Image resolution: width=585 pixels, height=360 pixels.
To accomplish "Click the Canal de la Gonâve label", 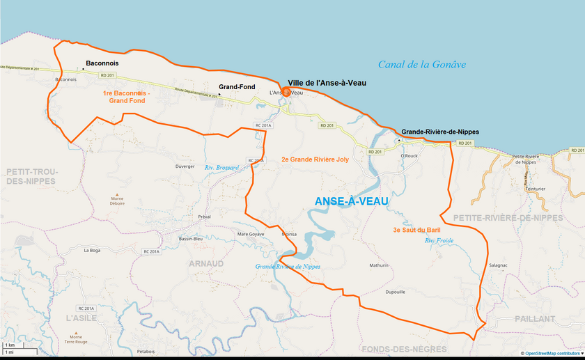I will (x=421, y=65).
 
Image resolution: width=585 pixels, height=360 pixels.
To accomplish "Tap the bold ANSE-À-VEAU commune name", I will (x=351, y=201).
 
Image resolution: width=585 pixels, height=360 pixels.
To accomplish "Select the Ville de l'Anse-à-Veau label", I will (x=327, y=82).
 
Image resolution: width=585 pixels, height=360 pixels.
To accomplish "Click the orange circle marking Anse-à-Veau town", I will (x=286, y=91).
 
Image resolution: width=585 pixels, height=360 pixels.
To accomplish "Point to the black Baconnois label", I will (x=102, y=63).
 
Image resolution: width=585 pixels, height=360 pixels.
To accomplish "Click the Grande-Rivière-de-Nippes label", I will (x=439, y=132).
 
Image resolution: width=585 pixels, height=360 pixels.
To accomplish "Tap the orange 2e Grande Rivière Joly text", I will (x=315, y=159).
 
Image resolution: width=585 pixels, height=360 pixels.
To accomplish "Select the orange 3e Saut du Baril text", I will (x=416, y=230).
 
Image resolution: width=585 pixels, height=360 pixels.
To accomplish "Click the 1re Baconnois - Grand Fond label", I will (x=126, y=97).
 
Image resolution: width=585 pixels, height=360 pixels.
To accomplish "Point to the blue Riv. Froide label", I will (x=439, y=241).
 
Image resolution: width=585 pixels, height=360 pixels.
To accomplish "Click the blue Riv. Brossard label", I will (x=221, y=168).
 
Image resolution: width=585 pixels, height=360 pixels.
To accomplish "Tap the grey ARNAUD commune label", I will (x=206, y=263).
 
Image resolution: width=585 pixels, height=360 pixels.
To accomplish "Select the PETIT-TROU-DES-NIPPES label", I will (x=31, y=175).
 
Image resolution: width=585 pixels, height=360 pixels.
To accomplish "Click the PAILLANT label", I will (x=535, y=318).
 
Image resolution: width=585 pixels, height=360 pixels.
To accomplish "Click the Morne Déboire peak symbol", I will (x=116, y=195).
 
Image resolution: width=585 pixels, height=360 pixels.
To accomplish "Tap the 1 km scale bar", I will (x=10, y=345).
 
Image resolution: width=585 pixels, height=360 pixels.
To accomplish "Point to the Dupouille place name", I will (x=395, y=292).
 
